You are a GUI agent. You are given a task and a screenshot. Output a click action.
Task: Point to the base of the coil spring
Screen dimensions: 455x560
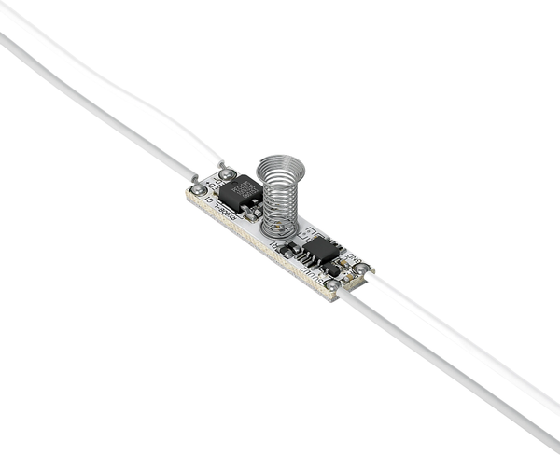click(280, 229)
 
